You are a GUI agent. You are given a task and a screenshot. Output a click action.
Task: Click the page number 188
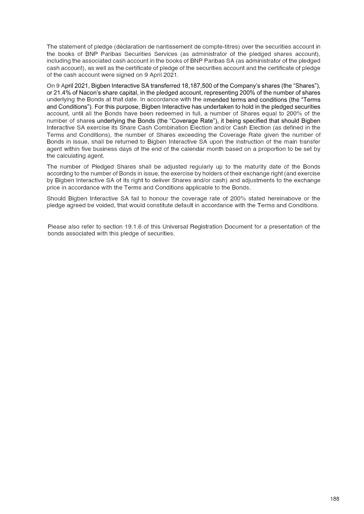[x=335, y=499]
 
